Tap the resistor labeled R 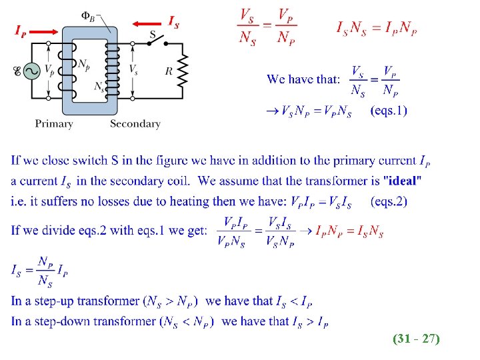pyautogui.click(x=183, y=70)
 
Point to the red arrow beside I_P pyautogui.click(x=45, y=31)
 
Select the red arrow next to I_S pyautogui.click(x=147, y=24)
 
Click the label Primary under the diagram pyautogui.click(x=54, y=123)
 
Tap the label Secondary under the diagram pyautogui.click(x=135, y=123)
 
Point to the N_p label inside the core pyautogui.click(x=84, y=64)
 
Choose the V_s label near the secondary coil pyautogui.click(x=133, y=69)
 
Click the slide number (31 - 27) pyautogui.click(x=416, y=339)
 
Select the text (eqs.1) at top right pyautogui.click(x=388, y=111)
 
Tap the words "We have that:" pyautogui.click(x=303, y=79)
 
